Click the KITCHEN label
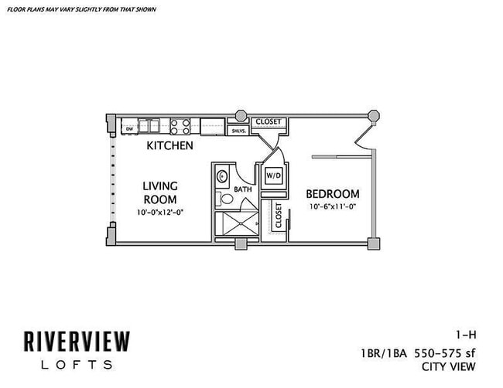click(x=169, y=145)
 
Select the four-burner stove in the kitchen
click(x=180, y=126)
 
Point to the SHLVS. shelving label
click(x=237, y=131)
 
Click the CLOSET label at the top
click(x=269, y=121)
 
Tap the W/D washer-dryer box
click(x=273, y=175)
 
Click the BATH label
click(x=243, y=189)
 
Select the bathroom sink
click(x=221, y=175)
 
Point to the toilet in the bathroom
click(x=225, y=199)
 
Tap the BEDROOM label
click(x=332, y=194)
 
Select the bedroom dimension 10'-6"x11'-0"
click(x=332, y=207)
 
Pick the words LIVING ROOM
click(x=160, y=192)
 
